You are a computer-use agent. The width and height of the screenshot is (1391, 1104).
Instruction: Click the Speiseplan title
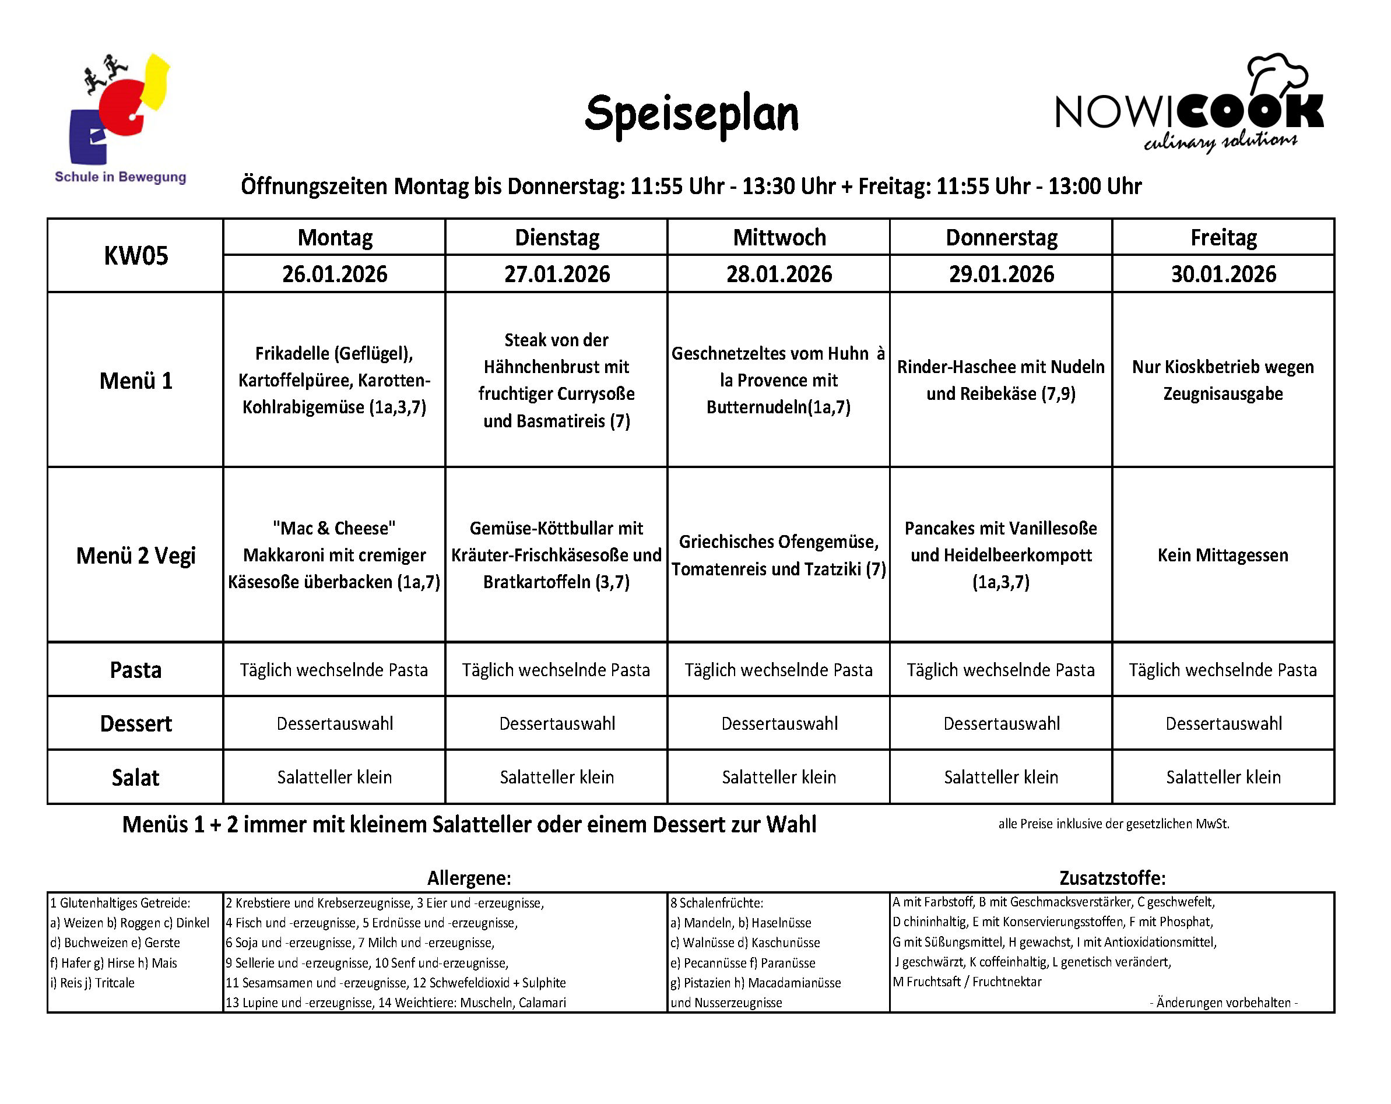tap(691, 114)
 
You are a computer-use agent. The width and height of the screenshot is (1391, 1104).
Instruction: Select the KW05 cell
tap(135, 255)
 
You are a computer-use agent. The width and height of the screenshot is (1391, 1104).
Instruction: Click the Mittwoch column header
tap(779, 237)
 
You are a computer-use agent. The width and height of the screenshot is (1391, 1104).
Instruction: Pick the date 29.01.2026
tap(1000, 274)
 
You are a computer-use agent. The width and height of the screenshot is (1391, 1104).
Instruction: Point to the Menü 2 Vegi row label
tap(135, 555)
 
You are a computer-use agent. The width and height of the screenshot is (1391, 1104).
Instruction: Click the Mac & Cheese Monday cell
tap(334, 555)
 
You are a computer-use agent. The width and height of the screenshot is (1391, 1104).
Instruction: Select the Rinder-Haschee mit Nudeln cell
tap(1000, 380)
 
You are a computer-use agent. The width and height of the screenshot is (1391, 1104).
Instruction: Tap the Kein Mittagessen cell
tap(1223, 555)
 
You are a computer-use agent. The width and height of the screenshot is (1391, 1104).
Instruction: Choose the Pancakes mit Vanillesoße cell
tap(1000, 555)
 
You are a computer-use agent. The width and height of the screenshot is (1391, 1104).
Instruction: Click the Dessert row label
tap(135, 723)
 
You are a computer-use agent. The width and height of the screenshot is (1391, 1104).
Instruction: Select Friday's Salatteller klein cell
tap(1223, 777)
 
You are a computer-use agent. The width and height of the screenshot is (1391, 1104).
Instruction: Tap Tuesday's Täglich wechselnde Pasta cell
tap(556, 670)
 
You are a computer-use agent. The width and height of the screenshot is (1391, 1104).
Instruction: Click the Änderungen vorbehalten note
tap(1223, 1002)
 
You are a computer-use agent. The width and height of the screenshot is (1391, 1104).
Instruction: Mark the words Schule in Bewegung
tap(121, 177)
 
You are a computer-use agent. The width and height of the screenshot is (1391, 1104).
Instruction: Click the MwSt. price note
tap(1113, 824)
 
